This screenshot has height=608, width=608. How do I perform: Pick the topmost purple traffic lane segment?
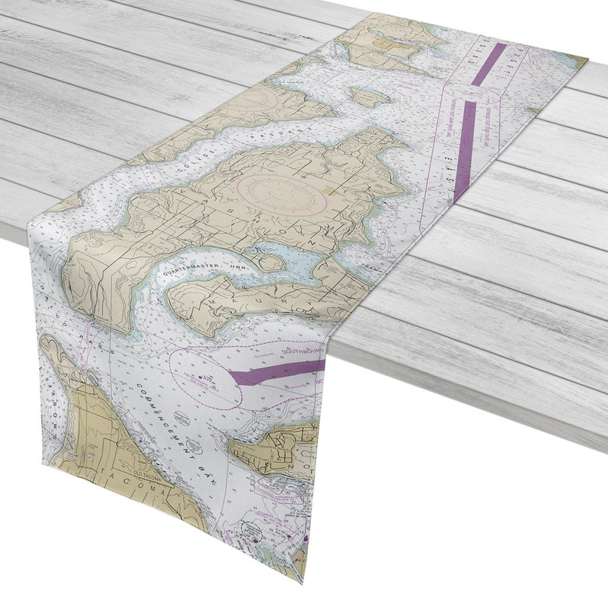[489, 64]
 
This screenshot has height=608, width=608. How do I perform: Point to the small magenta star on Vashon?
[304, 177]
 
